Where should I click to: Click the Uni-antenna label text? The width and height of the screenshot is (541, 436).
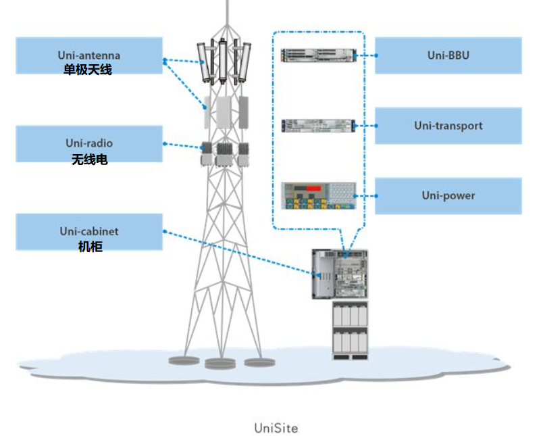click(88, 55)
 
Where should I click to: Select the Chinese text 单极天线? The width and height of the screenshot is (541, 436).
click(88, 70)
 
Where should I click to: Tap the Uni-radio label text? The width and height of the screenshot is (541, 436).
click(89, 143)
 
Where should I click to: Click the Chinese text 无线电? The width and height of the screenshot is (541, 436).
click(89, 160)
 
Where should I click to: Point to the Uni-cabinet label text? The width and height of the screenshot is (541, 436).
click(88, 231)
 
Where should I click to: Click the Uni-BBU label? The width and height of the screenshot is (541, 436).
click(448, 55)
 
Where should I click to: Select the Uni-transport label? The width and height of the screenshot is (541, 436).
click(448, 126)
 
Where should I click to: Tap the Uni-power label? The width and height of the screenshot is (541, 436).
click(448, 195)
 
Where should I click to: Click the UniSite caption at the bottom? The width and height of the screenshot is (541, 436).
click(276, 428)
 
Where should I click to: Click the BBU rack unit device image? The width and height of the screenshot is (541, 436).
click(317, 55)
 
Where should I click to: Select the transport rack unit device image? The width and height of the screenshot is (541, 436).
click(317, 125)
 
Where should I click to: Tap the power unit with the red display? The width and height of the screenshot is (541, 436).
click(317, 195)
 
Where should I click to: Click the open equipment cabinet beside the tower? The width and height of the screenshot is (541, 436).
click(340, 274)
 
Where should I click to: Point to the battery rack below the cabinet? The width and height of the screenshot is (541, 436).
click(350, 331)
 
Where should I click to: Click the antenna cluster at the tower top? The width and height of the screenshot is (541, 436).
click(222, 62)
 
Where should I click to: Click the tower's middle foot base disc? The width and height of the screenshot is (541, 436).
click(220, 364)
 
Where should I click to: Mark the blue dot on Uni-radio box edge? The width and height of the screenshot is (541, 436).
click(164, 143)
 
